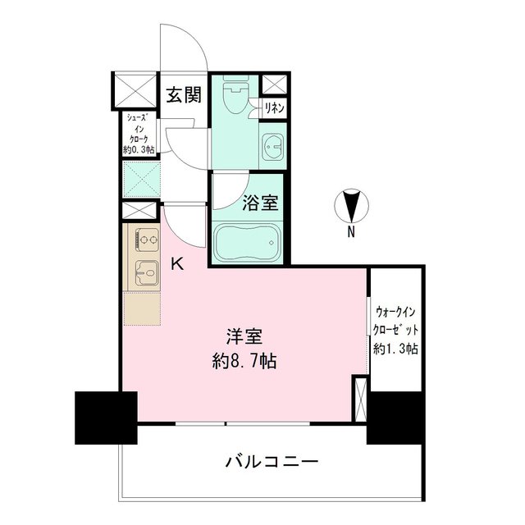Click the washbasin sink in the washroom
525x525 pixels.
click(272, 148)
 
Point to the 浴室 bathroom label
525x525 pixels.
click(260, 203)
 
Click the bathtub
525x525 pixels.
click(247, 244)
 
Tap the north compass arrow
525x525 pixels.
click(351, 205)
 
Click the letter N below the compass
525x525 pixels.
click(350, 232)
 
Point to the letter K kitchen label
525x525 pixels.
click(176, 263)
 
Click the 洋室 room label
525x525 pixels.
click(244, 336)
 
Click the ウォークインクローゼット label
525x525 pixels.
click(397, 321)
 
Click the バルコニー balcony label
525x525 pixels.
click(271, 461)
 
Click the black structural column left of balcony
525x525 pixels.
click(106, 418)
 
